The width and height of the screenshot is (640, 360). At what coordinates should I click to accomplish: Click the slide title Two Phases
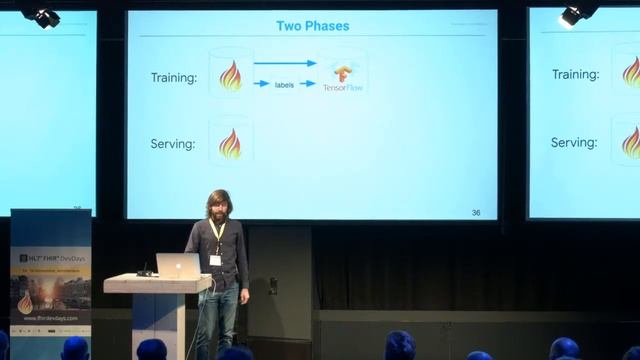[x=312, y=25]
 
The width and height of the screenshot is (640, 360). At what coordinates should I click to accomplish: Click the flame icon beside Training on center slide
[x=230, y=76]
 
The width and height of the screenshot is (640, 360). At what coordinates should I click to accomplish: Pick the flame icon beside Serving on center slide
[x=230, y=143]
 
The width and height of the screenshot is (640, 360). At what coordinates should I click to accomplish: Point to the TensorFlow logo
[x=343, y=76]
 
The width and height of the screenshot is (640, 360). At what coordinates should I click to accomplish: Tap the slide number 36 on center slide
[x=475, y=212]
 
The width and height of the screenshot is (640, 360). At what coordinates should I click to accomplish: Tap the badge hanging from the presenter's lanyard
[x=215, y=260]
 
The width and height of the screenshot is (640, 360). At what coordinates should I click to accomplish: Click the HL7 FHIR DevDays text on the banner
[x=52, y=258]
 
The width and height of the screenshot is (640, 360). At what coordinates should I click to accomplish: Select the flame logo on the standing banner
[x=25, y=303]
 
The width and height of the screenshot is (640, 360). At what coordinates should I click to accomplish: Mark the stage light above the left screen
[x=42, y=16]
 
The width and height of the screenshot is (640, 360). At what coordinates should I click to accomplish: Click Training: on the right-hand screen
[x=575, y=75]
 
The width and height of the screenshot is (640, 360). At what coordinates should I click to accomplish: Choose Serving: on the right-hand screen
[x=575, y=143]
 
